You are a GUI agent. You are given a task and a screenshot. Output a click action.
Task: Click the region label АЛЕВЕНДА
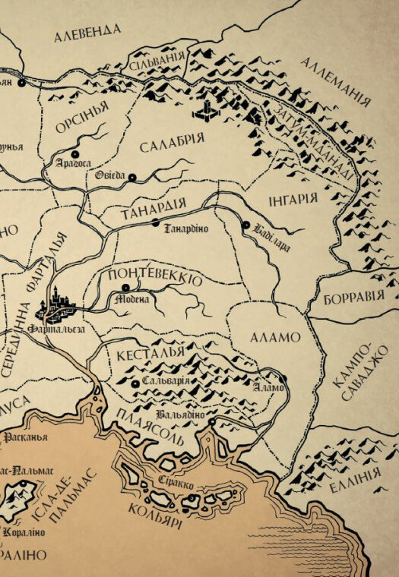point(87,31)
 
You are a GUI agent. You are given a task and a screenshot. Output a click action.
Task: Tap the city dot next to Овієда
point(132,178)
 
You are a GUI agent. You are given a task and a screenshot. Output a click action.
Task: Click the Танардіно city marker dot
point(155,222)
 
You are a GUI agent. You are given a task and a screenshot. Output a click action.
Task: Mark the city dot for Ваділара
point(245,225)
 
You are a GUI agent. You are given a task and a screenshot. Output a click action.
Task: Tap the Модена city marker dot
point(125,288)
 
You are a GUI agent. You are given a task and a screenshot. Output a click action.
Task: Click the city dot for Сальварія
point(135,384)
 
